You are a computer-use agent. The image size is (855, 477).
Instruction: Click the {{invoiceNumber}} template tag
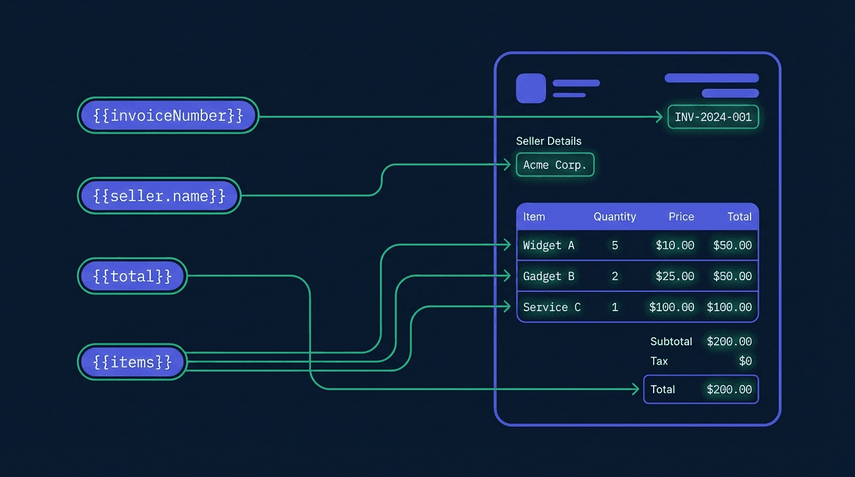point(168,116)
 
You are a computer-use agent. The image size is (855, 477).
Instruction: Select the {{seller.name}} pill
point(159,196)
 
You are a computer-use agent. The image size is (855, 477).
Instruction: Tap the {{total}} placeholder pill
point(132,276)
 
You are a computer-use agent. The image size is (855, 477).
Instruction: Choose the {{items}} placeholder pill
point(132,361)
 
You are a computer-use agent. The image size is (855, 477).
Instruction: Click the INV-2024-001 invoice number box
point(713,117)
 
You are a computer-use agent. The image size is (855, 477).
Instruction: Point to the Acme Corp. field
point(555,165)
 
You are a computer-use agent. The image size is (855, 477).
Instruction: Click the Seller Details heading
point(549,141)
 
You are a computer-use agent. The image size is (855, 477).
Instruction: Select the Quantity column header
point(615,216)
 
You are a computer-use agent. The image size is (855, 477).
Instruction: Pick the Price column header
point(681,216)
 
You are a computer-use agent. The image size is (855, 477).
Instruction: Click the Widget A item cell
point(549,245)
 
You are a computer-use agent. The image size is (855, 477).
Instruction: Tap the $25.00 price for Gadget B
point(675,276)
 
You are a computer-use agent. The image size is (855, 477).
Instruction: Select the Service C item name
point(552,307)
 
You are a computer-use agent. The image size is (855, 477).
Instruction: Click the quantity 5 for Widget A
point(615,245)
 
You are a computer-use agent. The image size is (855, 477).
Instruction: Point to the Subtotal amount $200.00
point(729,341)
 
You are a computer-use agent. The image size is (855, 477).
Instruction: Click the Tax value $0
point(745,361)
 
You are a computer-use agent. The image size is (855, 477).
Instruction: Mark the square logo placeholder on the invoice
point(531,88)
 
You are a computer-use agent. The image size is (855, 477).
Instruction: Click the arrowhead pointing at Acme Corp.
point(507,165)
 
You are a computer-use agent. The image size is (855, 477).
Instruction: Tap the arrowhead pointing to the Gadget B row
point(507,276)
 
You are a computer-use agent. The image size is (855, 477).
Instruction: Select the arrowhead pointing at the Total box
point(636,389)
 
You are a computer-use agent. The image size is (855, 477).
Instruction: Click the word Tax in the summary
point(659,361)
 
